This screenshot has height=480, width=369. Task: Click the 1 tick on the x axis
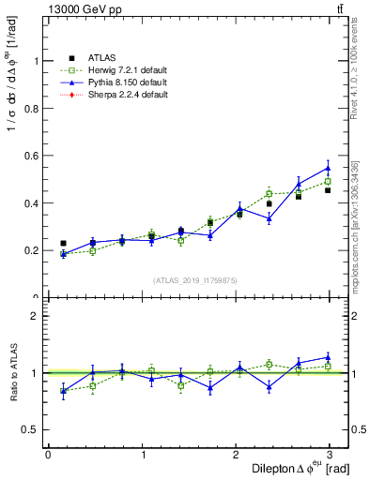[143, 455]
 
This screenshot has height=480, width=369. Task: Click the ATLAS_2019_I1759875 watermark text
[195, 279]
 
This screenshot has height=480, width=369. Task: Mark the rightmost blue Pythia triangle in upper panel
[328, 168]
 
